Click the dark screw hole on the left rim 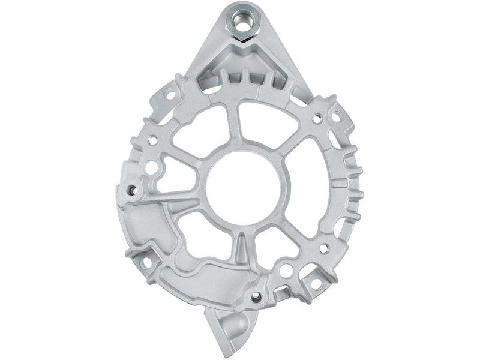coord(132,191)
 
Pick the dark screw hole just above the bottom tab coord(257,296)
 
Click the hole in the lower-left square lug coord(145,263)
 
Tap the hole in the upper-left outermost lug coord(170,95)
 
